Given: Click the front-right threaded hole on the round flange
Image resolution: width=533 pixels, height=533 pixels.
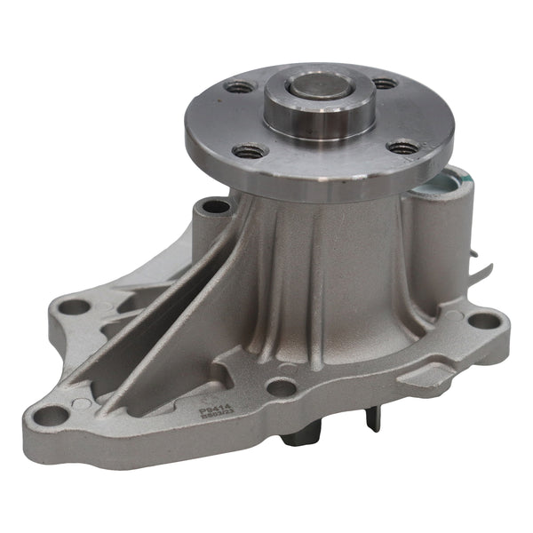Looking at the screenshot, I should pos(405,147).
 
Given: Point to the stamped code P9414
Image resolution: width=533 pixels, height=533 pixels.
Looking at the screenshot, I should pos(209,403).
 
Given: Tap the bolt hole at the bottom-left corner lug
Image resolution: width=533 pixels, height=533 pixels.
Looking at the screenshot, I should pos(52,414).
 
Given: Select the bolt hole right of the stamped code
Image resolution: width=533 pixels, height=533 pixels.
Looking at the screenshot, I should pos(281,387).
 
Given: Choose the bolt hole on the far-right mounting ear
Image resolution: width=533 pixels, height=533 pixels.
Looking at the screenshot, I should pos(480,320).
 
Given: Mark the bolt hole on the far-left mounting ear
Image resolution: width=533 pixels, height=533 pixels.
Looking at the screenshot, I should pos(74,307).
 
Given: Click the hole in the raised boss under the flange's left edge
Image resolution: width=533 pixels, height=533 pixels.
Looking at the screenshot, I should pos(216,208).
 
